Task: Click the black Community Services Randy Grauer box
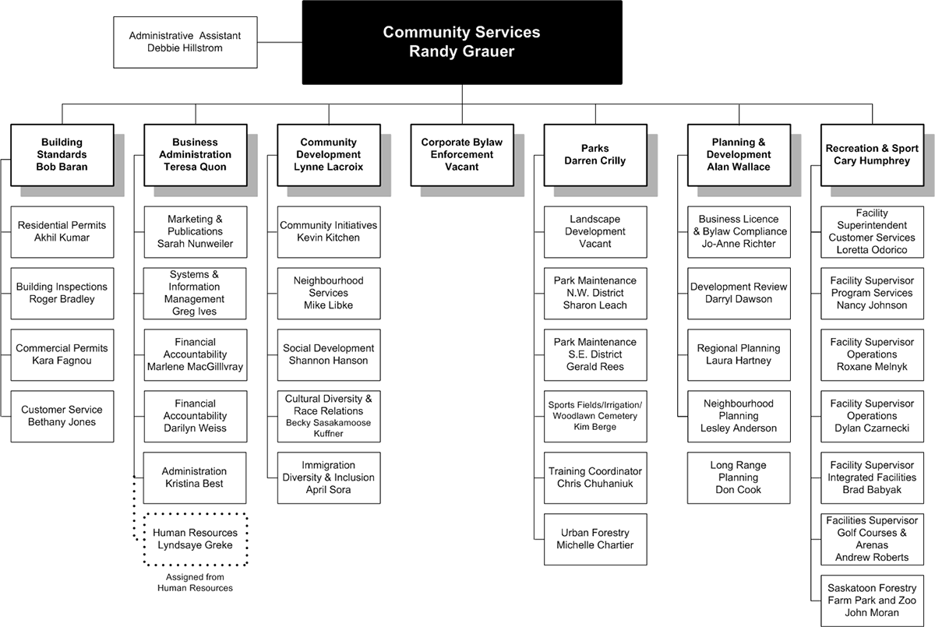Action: (x=461, y=42)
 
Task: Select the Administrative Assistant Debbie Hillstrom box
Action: (x=185, y=42)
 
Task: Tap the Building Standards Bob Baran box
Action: (x=62, y=154)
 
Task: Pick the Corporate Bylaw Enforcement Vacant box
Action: (x=461, y=154)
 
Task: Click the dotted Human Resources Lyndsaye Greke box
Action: (x=196, y=539)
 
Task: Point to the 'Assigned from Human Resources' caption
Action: (x=195, y=583)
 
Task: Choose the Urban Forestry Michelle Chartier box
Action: (x=595, y=539)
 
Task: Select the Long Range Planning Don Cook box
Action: (x=739, y=477)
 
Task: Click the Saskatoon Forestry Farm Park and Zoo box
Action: (x=872, y=601)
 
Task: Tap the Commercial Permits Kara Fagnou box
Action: (x=62, y=354)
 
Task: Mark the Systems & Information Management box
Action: (x=196, y=293)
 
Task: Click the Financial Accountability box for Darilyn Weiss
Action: (x=196, y=416)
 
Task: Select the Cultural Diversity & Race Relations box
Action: (x=329, y=416)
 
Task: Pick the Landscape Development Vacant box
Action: (x=595, y=231)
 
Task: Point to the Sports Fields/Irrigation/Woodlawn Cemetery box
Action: (x=595, y=416)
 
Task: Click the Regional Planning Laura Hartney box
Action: (x=739, y=354)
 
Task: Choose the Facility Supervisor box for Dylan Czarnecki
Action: (x=872, y=416)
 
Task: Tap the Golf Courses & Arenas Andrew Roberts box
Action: (x=872, y=539)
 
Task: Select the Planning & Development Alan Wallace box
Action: (x=739, y=154)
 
